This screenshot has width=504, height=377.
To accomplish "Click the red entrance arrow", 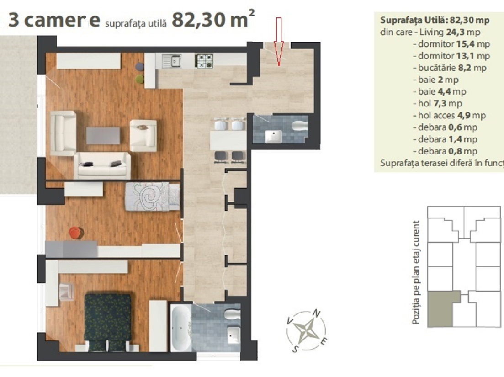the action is point(279,41).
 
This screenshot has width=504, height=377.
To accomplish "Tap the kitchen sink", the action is point(172,61).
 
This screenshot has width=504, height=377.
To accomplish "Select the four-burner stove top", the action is point(204,61).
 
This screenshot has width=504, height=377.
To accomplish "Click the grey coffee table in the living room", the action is point(103,136).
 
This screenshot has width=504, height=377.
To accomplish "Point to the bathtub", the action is point(180,328).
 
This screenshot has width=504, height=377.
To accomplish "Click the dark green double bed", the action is point(108,322).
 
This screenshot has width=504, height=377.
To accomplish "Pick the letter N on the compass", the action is point(317,313).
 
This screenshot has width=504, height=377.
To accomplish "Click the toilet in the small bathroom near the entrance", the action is point(300,125).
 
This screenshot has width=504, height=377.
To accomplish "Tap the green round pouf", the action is point(139,79).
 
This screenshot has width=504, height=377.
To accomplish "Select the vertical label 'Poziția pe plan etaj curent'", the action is point(416,272).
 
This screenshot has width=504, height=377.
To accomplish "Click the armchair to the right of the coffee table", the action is point(143,135).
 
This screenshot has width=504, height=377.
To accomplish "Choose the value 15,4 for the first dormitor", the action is point(465,44).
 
